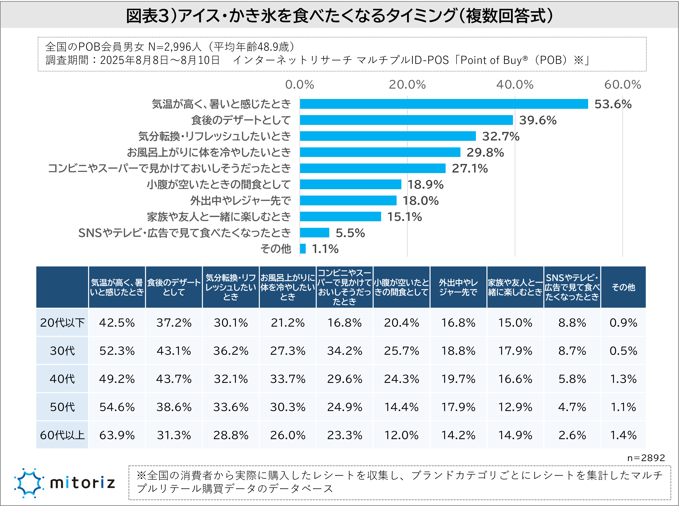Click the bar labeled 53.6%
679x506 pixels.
coord(444,104)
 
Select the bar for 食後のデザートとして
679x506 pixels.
coord(406,120)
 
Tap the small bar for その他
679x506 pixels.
coord(303,249)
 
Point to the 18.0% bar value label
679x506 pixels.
coord(420,201)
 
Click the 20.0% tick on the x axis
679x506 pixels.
coord(407,85)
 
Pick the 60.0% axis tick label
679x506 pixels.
coord(622,85)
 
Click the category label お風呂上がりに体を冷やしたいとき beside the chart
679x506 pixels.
coord(209,152)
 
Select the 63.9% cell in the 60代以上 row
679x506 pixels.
coord(117,435)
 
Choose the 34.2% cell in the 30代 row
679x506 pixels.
coord(344,351)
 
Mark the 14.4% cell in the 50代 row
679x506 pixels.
coord(401,407)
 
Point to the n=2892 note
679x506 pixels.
coord(646,458)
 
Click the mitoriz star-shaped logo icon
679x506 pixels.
coord(28,483)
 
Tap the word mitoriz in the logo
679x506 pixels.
coord(83,483)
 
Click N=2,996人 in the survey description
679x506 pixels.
coord(175,47)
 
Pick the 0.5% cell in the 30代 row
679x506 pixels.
coord(623,351)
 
